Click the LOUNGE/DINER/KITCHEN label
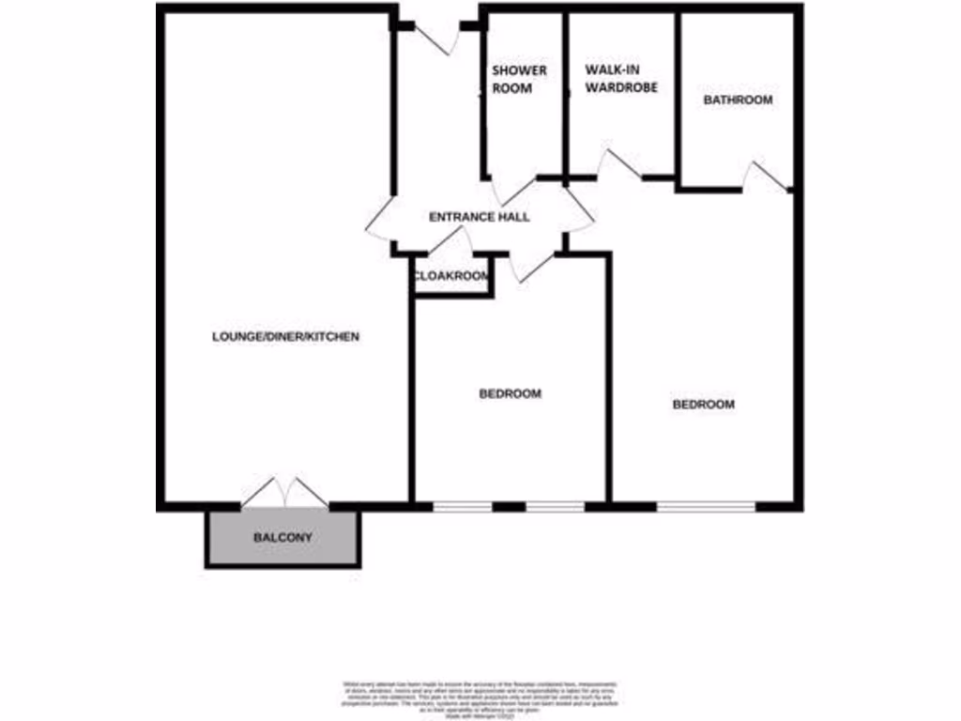[285, 336]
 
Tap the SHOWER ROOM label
[519, 80]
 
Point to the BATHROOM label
[738, 100]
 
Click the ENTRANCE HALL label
[479, 217]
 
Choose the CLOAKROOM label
[452, 276]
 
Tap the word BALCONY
[282, 538]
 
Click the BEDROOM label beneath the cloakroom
[510, 394]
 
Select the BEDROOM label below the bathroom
[703, 405]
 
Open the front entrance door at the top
[436, 36]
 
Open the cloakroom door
[450, 242]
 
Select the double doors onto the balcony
[284, 494]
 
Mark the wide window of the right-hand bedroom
[706, 508]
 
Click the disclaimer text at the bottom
[480, 694]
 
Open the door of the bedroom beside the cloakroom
[534, 267]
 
